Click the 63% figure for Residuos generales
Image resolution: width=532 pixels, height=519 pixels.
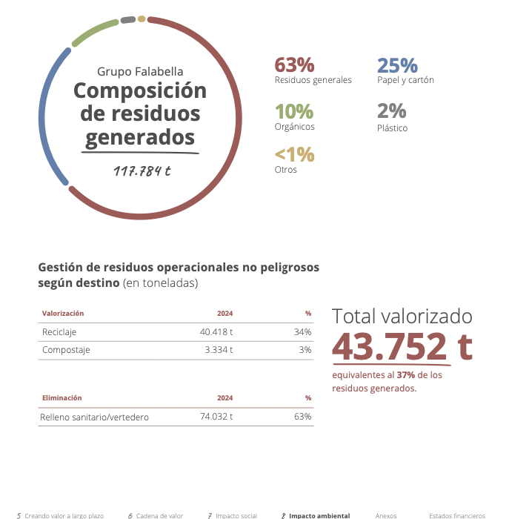(x=294, y=65)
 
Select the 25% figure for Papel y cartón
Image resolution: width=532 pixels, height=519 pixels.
(x=397, y=65)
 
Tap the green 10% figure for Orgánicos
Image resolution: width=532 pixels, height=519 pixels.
(x=294, y=111)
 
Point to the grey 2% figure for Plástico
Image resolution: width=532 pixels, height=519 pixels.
(x=391, y=111)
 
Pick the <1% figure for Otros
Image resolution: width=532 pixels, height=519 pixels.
(x=294, y=155)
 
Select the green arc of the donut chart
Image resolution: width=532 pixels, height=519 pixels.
(x=95, y=30)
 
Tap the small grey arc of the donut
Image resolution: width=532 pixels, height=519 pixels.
(x=127, y=19)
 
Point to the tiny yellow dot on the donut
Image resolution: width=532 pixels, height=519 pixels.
(x=142, y=19)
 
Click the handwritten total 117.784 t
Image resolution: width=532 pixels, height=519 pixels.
(x=142, y=171)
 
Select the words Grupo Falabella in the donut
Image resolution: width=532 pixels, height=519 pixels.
(x=140, y=71)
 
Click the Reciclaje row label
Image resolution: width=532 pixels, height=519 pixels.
(x=59, y=332)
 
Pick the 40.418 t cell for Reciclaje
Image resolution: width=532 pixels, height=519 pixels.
(x=216, y=332)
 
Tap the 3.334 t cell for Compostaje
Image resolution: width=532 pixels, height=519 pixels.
(x=219, y=350)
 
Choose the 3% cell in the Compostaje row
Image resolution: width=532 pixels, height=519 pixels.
(x=305, y=350)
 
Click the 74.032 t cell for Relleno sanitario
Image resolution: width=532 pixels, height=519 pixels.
(x=216, y=417)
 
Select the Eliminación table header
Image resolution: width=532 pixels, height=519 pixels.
(x=61, y=398)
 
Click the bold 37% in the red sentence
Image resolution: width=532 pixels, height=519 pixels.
(x=405, y=375)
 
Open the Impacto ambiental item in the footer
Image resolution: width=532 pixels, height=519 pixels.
(x=319, y=515)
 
